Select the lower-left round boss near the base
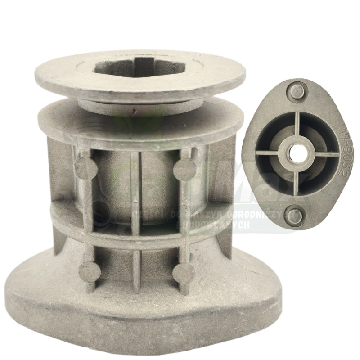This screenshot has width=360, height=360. pyautogui.click(x=90, y=272)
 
